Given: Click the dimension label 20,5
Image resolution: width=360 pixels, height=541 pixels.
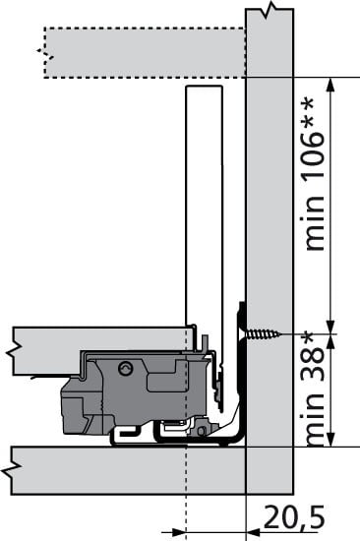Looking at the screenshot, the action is pos(294,516).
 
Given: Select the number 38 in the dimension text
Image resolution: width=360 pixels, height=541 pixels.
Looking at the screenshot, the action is pos(314,364).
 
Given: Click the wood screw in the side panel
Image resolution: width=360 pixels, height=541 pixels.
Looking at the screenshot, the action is pos(264,334).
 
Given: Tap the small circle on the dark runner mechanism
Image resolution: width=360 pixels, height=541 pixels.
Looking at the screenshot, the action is pos(125,368).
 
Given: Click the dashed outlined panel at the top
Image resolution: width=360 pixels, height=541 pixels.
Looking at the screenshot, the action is pos(145,52).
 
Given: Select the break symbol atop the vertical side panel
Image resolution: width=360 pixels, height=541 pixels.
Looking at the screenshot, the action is pos(270,9).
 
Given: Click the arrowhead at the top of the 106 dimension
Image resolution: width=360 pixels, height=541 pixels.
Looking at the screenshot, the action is pos(330,85).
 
